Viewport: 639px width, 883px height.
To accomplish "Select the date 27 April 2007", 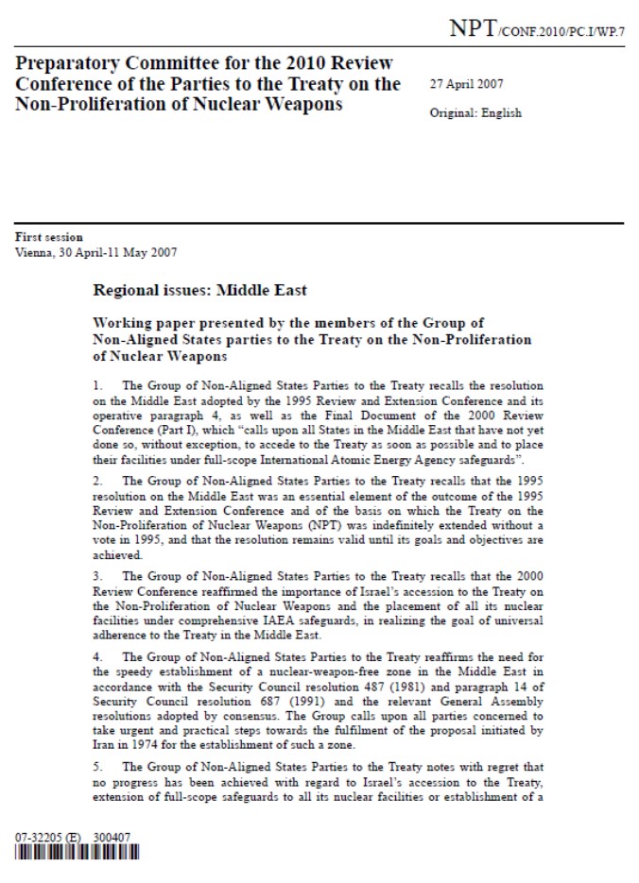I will tap(469, 84).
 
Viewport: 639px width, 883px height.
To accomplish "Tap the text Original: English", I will tap(475, 113).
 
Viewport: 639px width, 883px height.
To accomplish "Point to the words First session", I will tap(49, 237).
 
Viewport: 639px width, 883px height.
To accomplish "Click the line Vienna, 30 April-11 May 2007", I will tap(95, 251).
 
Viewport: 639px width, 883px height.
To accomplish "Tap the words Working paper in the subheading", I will tap(147, 322).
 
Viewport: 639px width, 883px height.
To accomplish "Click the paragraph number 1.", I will tap(96, 385).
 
